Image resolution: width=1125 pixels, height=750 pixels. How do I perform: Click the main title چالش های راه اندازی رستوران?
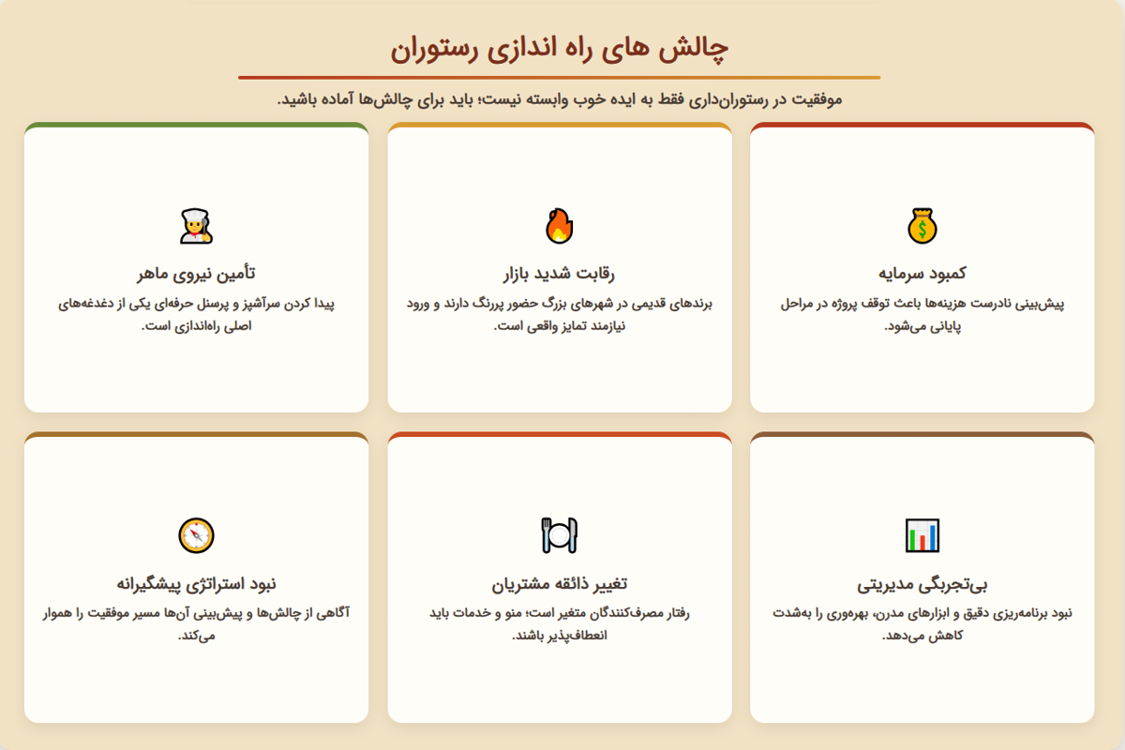[560, 48]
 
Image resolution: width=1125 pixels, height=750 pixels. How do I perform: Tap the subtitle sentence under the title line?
[560, 98]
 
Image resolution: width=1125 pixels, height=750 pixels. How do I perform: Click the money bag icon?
[922, 226]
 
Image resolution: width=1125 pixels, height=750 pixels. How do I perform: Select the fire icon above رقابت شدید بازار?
[560, 226]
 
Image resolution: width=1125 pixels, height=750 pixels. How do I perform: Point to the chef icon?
[196, 226]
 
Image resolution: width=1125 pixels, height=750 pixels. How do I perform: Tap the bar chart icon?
[922, 535]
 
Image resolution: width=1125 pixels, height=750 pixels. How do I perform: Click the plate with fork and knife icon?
[560, 535]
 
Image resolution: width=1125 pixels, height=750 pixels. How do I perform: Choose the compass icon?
[196, 535]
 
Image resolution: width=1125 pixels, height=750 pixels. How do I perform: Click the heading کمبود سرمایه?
[922, 273]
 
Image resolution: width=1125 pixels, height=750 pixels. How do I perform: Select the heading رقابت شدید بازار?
[560, 273]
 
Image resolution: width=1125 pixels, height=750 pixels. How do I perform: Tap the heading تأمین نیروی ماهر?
[196, 273]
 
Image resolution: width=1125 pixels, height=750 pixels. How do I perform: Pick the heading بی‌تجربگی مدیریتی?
[922, 584]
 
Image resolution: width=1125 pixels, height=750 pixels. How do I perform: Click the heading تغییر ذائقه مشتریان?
[560, 584]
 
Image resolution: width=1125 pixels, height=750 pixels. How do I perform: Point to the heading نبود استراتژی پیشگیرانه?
[196, 584]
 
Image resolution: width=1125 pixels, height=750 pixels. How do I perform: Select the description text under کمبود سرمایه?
[922, 315]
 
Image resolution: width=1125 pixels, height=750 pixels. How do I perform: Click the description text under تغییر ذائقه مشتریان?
[560, 624]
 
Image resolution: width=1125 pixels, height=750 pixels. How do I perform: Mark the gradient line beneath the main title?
[560, 78]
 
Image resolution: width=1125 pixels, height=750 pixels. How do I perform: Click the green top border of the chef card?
[196, 125]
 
